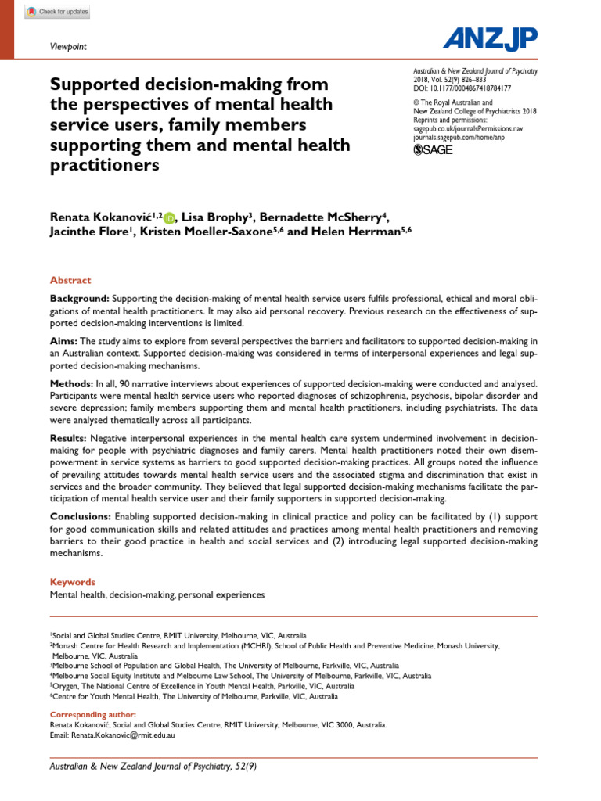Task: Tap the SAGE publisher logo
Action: (433, 150)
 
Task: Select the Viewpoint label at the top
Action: (68, 47)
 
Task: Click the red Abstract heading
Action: (70, 280)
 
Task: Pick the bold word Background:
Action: (79, 299)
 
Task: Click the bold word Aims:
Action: (64, 341)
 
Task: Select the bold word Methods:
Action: (72, 383)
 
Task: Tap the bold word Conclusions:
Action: (81, 517)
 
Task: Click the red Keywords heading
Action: (73, 582)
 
